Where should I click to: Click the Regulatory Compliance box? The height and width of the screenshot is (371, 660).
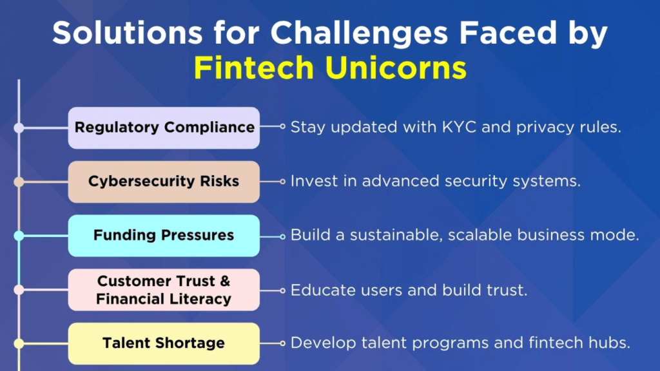(164, 128)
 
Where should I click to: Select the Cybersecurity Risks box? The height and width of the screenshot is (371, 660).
(164, 182)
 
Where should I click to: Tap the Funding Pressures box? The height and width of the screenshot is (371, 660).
(164, 236)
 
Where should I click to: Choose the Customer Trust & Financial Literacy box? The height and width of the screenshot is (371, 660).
(164, 290)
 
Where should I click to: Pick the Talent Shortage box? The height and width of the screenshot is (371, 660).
(164, 344)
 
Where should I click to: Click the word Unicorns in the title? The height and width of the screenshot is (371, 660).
(396, 68)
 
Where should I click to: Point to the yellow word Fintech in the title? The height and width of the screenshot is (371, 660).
(254, 68)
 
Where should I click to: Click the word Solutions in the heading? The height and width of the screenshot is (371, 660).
(127, 33)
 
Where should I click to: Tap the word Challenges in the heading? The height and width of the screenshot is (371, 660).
(359, 33)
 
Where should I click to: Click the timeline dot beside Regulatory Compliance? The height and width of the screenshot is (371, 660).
(19, 128)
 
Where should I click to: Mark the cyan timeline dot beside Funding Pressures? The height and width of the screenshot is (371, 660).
(19, 236)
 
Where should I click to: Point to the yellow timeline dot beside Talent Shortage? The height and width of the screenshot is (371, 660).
(19, 344)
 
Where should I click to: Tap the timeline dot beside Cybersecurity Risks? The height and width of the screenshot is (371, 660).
(19, 182)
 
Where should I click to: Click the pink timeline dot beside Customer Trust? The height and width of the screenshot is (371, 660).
(19, 290)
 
